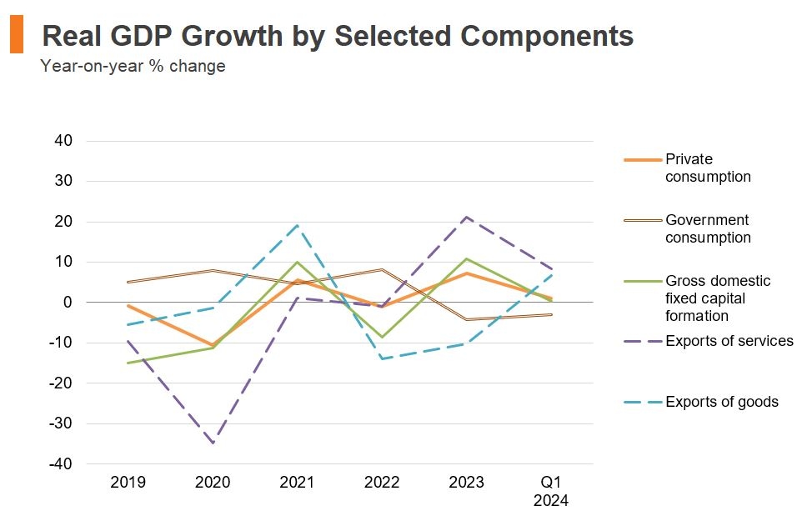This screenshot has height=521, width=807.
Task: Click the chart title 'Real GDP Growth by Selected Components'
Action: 337,36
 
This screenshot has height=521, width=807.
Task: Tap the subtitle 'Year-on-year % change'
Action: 133,66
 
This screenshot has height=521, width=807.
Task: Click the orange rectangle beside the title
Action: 16,35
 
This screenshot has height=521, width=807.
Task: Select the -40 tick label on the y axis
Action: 63,463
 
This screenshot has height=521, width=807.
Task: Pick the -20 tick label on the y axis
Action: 63,383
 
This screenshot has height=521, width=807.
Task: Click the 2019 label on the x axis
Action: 128,483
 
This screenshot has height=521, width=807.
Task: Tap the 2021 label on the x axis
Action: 297,483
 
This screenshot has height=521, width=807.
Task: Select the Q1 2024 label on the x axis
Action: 551,491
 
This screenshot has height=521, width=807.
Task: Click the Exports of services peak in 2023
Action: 467,217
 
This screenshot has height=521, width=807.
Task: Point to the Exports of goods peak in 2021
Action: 298,225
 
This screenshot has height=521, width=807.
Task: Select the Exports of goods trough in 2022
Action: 382,358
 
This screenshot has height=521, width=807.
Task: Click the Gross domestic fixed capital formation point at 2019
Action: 128,363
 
